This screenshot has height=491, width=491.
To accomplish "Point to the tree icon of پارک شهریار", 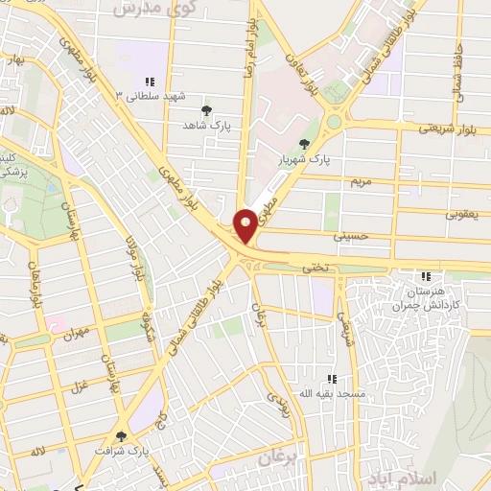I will pos(305,144).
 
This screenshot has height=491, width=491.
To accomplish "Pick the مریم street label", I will pos(361,180).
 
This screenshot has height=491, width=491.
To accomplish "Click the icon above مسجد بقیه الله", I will pos(333,379).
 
